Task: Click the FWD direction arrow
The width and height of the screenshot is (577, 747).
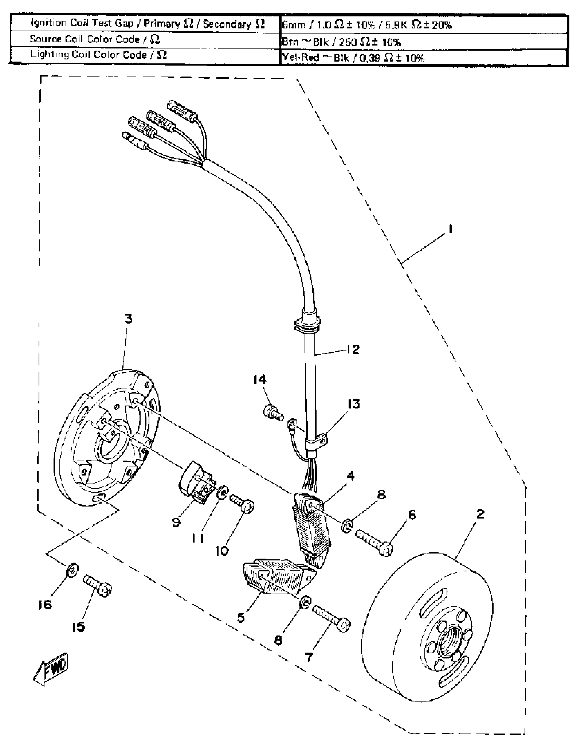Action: [x=51, y=668]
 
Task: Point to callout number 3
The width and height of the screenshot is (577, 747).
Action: [x=128, y=319]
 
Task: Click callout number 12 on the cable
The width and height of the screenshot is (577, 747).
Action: [x=353, y=350]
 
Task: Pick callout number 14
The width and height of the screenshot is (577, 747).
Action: [x=260, y=379]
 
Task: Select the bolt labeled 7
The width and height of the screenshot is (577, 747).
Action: [x=331, y=620]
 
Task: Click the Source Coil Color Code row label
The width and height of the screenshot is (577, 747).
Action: [x=95, y=40]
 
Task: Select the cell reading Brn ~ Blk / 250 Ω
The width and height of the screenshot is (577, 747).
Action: [x=342, y=42]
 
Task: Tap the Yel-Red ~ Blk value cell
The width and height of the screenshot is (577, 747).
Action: [x=353, y=58]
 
